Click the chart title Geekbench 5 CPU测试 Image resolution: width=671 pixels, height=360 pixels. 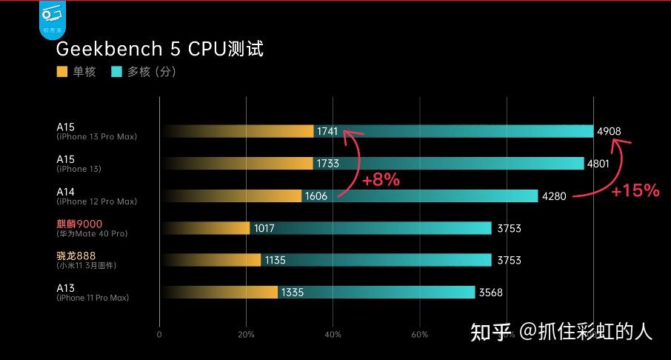[x=160, y=50]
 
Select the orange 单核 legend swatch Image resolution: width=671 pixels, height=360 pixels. [x=62, y=73]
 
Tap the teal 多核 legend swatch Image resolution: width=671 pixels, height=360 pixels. [x=116, y=73]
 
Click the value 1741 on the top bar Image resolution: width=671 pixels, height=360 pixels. [x=327, y=131]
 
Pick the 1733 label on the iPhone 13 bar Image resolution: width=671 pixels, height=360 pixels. [x=327, y=164]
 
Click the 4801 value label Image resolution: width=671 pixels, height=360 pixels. [x=598, y=164]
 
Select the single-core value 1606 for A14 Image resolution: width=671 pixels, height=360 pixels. [x=316, y=196]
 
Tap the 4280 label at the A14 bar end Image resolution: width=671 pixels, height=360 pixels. [x=553, y=196]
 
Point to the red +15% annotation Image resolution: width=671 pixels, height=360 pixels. [x=635, y=190]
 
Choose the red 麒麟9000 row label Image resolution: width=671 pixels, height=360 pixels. [x=79, y=224]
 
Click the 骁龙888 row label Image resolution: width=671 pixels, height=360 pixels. [x=76, y=256]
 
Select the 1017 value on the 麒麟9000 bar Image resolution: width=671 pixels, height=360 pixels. [x=264, y=228]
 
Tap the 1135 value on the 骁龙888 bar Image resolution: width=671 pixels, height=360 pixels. [x=275, y=260]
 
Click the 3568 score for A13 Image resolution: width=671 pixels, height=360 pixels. [x=490, y=293]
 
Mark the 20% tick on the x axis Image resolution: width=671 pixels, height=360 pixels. [x=247, y=335]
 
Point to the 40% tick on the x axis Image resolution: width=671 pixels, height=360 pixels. [x=333, y=335]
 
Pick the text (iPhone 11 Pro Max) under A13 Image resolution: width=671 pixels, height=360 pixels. [x=93, y=298]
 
